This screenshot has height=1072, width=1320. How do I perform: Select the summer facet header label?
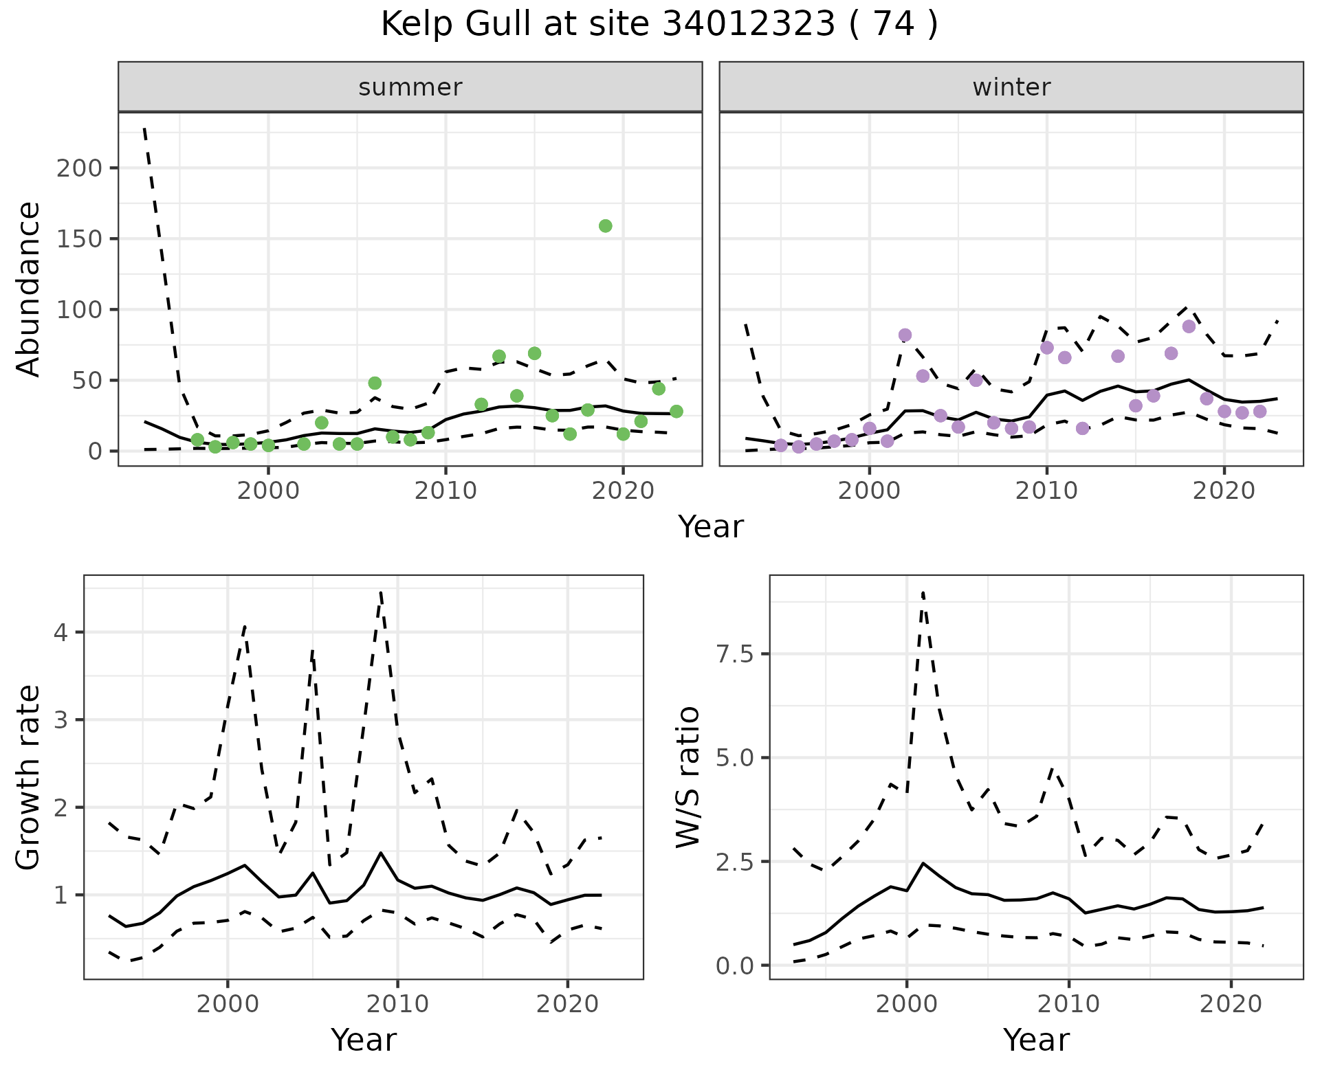pos(410,87)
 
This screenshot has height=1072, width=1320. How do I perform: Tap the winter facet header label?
pos(1011,87)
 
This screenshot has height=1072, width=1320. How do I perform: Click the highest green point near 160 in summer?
pos(606,226)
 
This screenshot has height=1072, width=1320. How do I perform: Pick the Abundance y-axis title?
pos(29,289)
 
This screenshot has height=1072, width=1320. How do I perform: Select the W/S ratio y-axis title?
pos(688,777)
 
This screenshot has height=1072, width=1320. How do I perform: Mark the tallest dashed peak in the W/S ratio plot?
pos(923,592)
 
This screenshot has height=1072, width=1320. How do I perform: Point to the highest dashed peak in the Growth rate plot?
pos(381,592)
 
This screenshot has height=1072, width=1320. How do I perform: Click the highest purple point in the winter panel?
pos(1189,326)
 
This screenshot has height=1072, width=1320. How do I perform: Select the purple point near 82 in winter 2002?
pos(905,335)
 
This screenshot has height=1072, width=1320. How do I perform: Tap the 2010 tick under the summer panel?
pos(445,491)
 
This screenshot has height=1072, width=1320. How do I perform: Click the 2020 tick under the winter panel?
pos(1224,491)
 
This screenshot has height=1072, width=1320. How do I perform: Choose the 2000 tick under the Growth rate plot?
pos(228,1004)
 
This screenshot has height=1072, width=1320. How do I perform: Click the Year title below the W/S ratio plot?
pos(1036,1040)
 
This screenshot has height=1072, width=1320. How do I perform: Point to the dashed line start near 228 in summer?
pos(145,129)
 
